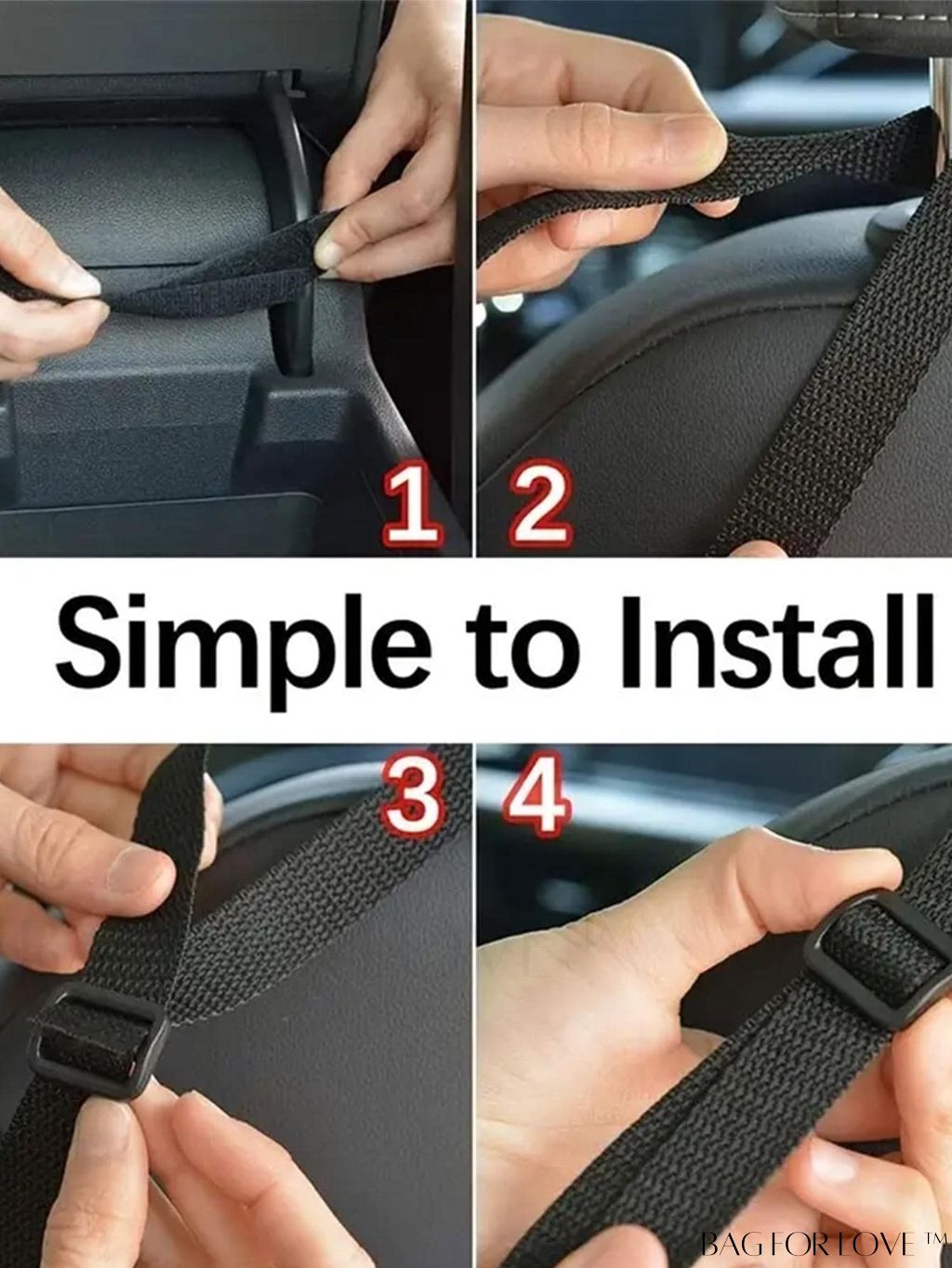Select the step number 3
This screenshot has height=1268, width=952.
(411, 797)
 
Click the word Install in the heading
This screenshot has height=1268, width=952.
(774, 641)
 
